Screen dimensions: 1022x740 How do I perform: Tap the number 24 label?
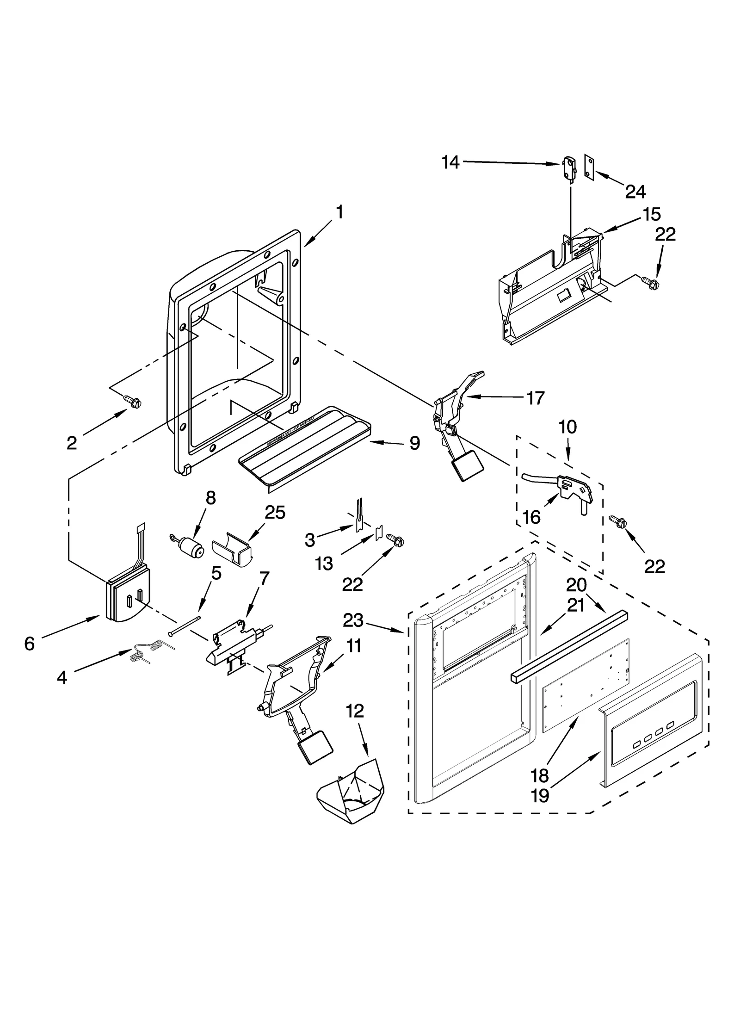[635, 191]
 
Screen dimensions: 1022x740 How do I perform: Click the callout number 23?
[353, 620]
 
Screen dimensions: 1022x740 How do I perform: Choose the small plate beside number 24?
[589, 166]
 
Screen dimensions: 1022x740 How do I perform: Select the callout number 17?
[536, 398]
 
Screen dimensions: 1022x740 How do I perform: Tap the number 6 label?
[30, 643]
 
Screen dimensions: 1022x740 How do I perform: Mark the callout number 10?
[567, 427]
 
